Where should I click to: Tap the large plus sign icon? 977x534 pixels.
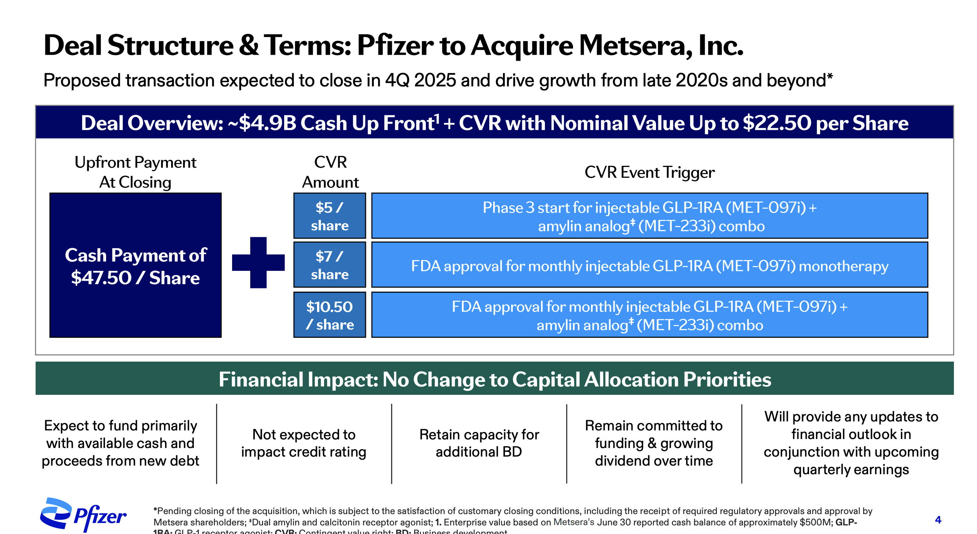pos(258,262)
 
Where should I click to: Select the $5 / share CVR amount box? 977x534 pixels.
pos(330,216)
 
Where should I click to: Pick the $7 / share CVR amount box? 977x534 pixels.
pos(330,265)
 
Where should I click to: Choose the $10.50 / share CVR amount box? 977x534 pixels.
pos(330,315)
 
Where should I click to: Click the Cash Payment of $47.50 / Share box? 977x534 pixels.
pos(135,265)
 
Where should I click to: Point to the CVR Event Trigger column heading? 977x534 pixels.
pos(649,172)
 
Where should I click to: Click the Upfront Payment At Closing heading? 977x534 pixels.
pos(135,172)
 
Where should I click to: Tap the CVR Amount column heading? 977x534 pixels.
pos(330,172)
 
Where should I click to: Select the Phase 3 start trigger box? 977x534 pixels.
pos(649,216)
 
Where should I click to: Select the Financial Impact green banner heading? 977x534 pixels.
pos(495,379)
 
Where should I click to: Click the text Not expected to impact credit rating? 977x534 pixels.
pos(304,443)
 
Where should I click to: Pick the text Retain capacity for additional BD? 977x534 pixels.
pos(479,443)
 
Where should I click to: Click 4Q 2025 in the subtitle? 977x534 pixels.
pos(420,81)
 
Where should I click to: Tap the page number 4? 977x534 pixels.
pos(938,520)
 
